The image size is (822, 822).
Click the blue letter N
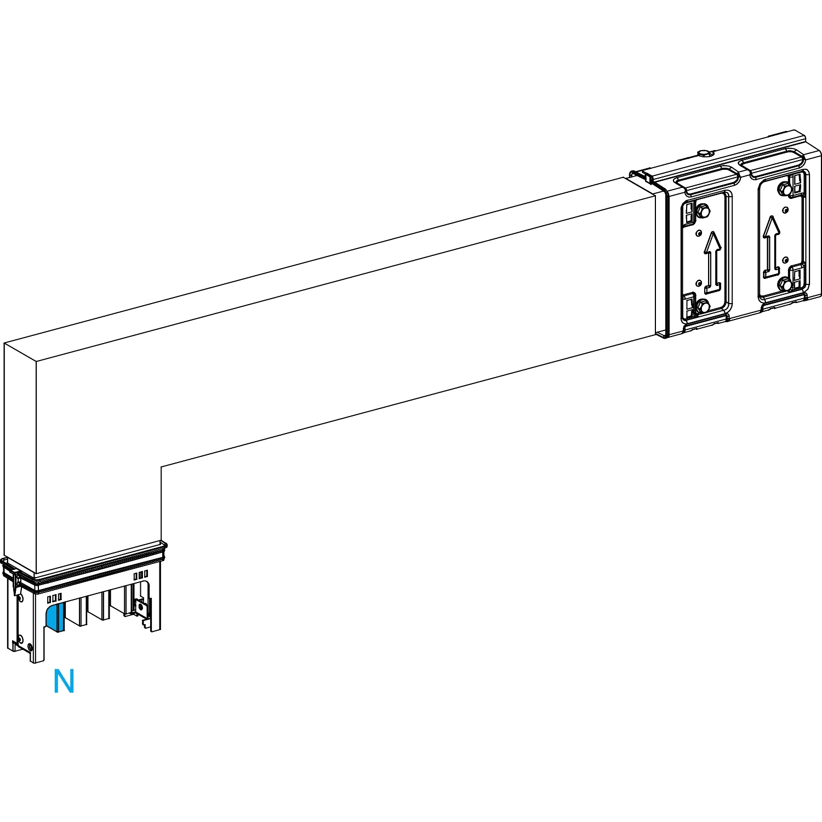(64, 682)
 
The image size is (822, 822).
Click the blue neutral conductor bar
(55, 617)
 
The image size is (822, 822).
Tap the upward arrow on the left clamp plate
(712, 260)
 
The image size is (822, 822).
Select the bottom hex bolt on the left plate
(703, 306)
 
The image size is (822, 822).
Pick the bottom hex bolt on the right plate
(786, 284)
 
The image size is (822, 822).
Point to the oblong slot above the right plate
(772, 162)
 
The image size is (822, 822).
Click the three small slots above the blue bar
(54, 597)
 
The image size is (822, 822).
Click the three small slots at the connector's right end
(141, 575)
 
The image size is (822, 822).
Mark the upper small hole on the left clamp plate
(698, 233)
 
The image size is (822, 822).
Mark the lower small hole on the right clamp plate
(785, 259)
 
